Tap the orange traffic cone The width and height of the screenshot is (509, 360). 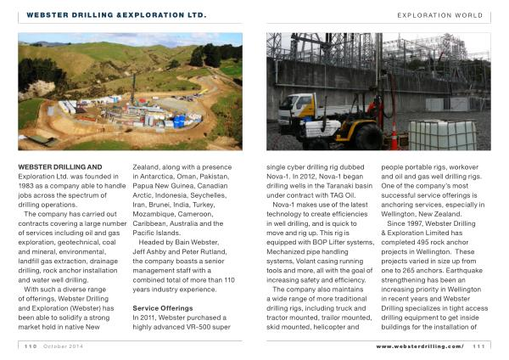pyautogui.click(x=394, y=137)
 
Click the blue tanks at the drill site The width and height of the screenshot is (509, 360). pyautogui.click(x=179, y=120)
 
